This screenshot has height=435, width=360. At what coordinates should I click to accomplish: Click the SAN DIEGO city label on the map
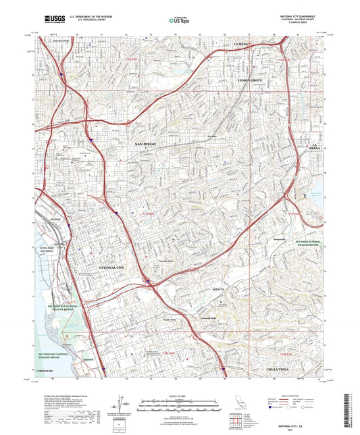pyautogui.click(x=149, y=145)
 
